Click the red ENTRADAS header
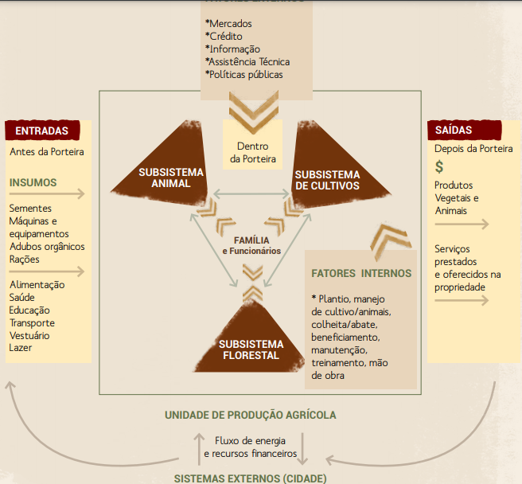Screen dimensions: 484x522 (42, 131)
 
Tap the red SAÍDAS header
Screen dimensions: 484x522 (454, 130)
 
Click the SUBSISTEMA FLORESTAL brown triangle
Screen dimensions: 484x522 (250, 342)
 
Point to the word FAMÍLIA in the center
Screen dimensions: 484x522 (251, 240)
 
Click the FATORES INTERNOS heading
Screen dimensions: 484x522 (362, 273)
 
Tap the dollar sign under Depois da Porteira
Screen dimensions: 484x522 (439, 167)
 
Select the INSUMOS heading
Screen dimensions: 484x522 (33, 182)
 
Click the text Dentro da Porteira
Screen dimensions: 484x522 (253, 152)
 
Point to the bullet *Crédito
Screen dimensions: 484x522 (224, 36)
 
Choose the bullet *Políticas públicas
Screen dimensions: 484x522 (243, 74)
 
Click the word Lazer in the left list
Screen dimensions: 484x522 (21, 348)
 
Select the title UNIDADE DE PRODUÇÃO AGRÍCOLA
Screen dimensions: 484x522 (251, 415)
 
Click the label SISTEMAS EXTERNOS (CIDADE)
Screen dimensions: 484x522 (251, 478)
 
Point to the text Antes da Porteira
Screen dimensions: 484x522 (47, 151)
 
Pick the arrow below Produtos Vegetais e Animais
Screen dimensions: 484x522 (462, 224)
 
